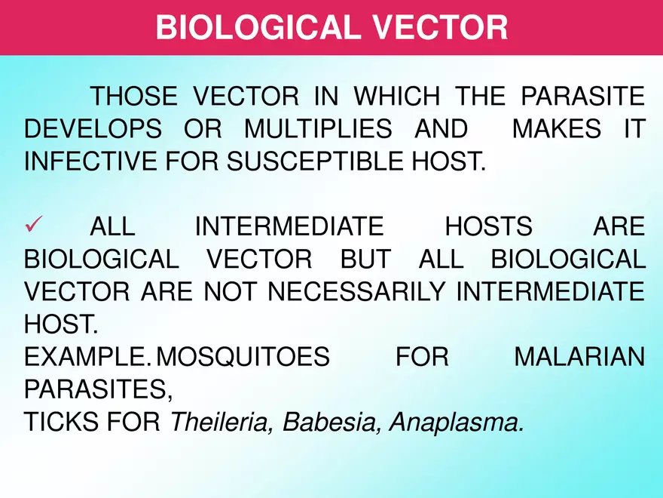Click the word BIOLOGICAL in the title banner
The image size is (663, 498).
(252, 28)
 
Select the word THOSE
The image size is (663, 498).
(133, 97)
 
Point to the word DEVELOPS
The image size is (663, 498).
(93, 129)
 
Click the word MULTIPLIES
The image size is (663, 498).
(318, 129)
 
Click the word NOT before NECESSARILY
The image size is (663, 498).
(228, 291)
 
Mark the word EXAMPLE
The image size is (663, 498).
(86, 357)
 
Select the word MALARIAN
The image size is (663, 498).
(579, 357)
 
